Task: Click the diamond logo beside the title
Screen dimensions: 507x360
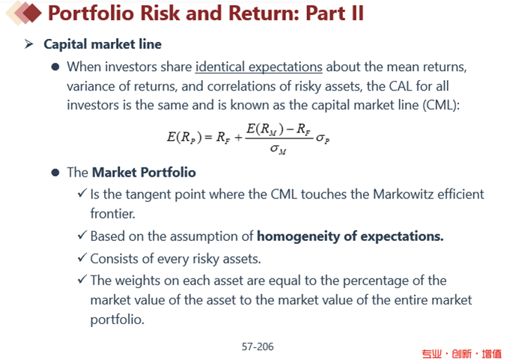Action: pyautogui.click(x=24, y=13)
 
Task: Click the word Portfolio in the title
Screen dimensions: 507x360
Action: pyautogui.click(x=91, y=13)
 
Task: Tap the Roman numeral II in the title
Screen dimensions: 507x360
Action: pyautogui.click(x=357, y=13)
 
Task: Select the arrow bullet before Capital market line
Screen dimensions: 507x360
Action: pyautogui.click(x=28, y=44)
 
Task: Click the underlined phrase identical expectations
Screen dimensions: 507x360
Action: pyautogui.click(x=258, y=67)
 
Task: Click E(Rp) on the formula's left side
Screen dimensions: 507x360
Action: pyautogui.click(x=184, y=138)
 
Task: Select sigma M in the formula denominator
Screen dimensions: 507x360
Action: pyautogui.click(x=278, y=149)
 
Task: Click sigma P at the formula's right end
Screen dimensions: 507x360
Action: pyautogui.click(x=323, y=138)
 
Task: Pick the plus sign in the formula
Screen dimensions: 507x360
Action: pyautogui.click(x=238, y=138)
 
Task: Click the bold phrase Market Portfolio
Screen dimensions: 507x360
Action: pyautogui.click(x=144, y=172)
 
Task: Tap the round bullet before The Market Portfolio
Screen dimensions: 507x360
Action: pyautogui.click(x=55, y=172)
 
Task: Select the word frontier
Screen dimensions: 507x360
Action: pyautogui.click(x=112, y=213)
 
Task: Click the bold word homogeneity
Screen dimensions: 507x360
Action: pyautogui.click(x=298, y=237)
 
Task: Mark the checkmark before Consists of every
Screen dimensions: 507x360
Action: pyautogui.click(x=82, y=257)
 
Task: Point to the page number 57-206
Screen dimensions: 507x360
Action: pyautogui.click(x=258, y=347)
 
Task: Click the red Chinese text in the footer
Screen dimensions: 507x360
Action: pyautogui.click(x=461, y=353)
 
